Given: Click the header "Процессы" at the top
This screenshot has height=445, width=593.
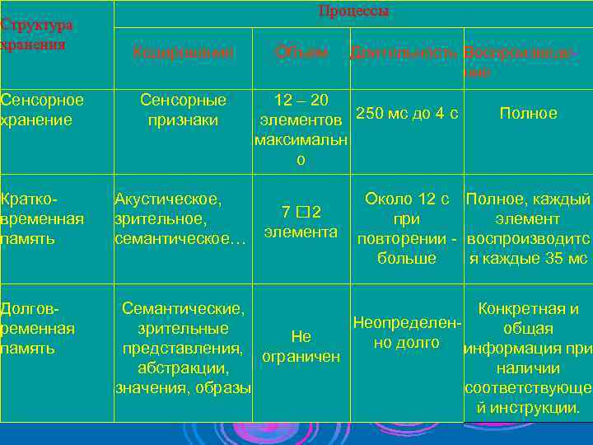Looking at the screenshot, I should point(353,12).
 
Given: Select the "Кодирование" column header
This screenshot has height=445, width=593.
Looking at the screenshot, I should point(183,53).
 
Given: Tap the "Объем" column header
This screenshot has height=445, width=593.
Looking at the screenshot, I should point(301,53).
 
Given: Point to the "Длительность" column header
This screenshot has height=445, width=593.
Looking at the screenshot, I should point(404,53).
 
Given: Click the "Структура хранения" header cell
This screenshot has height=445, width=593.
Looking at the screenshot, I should point(37,35).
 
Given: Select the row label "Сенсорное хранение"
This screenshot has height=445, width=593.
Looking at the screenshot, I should point(42,110).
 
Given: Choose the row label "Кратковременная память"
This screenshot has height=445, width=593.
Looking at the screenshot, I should point(42,218).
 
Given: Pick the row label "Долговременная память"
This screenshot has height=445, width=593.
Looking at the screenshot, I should point(40,328).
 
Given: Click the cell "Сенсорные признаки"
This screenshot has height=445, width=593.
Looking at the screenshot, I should point(183,110).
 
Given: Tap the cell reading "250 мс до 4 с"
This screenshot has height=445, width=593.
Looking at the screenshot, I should point(406,113).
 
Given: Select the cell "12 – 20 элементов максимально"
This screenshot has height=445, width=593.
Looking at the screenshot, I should point(301,129).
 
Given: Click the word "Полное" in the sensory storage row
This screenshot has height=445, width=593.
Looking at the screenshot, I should point(528,113).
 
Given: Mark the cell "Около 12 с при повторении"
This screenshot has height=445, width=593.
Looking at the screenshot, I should point(406,228).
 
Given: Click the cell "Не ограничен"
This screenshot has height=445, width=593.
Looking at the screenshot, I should point(301,346).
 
